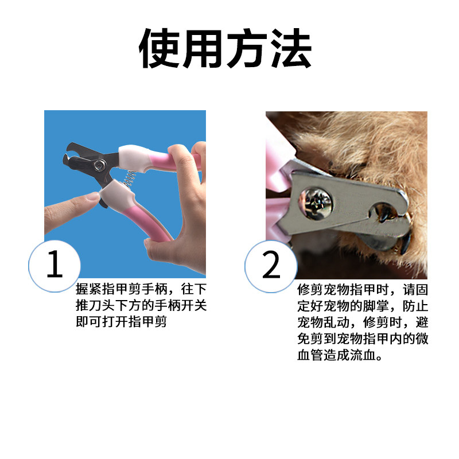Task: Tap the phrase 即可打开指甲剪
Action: (x=121, y=322)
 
